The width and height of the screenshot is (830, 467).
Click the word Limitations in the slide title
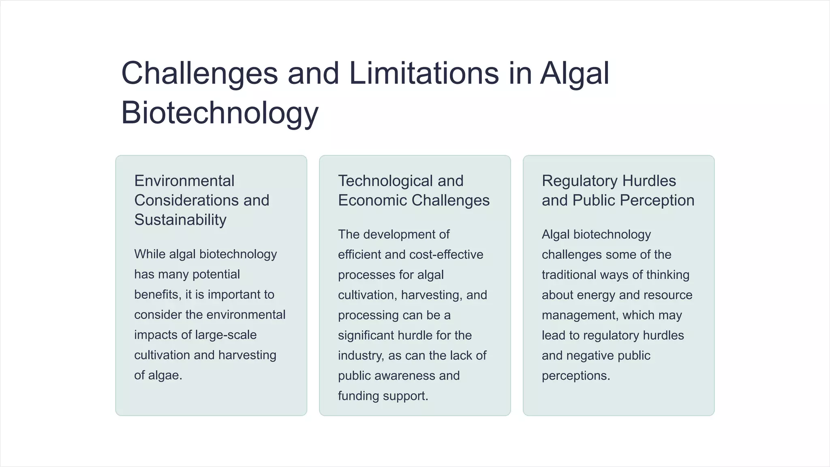coord(424,73)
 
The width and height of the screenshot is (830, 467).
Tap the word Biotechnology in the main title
coord(220,113)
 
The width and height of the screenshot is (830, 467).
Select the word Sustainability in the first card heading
coord(180,220)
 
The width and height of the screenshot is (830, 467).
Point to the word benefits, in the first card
coord(158,295)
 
